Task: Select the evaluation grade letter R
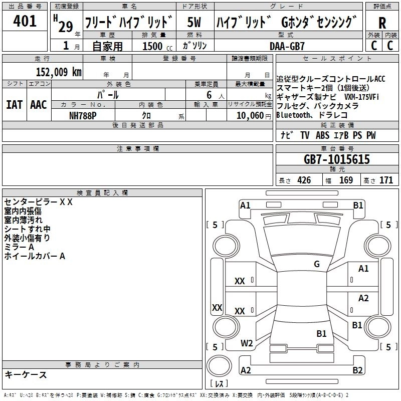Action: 382,24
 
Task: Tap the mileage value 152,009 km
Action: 59,72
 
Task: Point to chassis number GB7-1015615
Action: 337,160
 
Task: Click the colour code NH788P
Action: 83,115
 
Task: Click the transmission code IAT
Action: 14,104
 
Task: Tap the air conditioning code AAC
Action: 38,104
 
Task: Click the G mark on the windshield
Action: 317,264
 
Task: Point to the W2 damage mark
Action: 247,343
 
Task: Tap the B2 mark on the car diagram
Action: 357,370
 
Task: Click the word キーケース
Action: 26,375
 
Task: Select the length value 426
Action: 304,180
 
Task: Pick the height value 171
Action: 386,180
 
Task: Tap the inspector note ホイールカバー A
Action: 35,256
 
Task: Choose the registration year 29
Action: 65,27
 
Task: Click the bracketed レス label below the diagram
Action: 219,384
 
